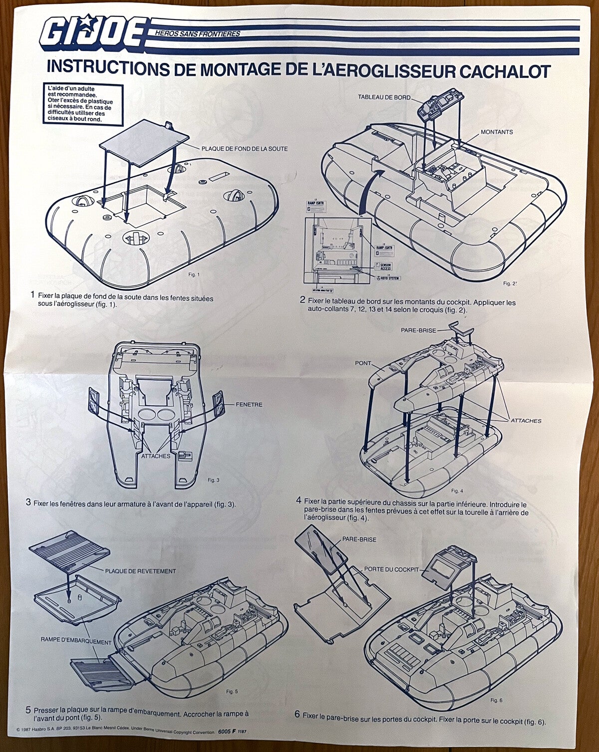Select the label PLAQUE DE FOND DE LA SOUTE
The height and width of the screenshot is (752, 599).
point(244,149)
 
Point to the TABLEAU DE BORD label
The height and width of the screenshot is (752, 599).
point(384,97)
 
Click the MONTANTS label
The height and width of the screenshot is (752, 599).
point(496,132)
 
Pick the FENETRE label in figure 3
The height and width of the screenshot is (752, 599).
point(249,405)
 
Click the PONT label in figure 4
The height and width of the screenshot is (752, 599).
point(363,363)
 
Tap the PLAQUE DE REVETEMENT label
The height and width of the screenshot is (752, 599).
point(140,571)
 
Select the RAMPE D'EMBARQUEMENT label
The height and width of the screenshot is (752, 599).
point(76,642)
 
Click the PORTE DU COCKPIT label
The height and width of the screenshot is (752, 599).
point(391,569)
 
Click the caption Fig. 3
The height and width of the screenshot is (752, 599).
point(213,480)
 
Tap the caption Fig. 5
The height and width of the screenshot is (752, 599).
point(232,692)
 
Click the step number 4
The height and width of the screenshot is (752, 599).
point(299,500)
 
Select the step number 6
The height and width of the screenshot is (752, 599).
point(297,715)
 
